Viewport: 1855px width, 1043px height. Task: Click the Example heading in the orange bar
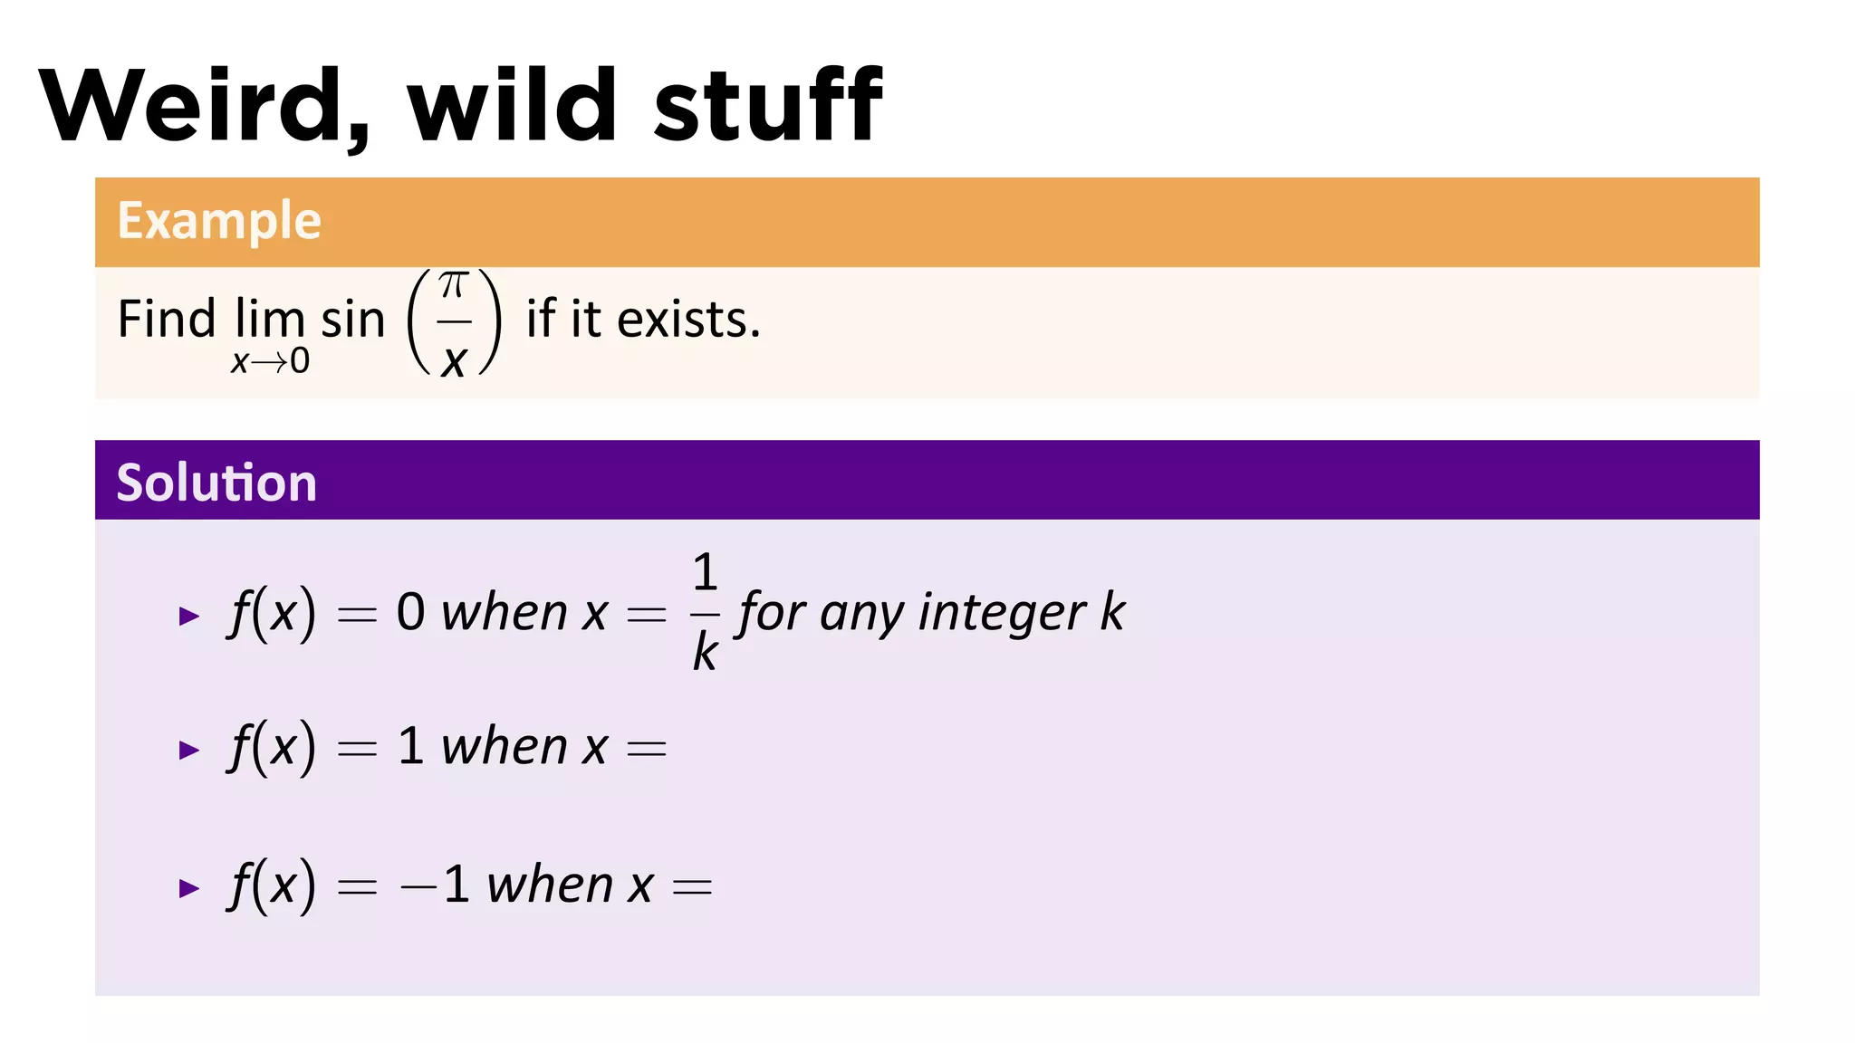click(219, 221)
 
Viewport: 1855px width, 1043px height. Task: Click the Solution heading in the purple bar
click(216, 482)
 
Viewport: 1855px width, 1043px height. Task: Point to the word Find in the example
click(167, 320)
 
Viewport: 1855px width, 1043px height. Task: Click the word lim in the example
click(269, 320)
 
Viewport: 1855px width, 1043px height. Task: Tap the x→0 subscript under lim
click(270, 362)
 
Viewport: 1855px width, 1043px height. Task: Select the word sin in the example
click(353, 320)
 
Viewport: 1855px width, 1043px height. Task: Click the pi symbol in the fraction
click(453, 285)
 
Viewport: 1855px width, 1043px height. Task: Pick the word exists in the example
click(687, 320)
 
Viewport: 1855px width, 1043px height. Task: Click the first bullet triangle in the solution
click(188, 617)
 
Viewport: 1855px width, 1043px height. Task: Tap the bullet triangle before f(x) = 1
click(188, 750)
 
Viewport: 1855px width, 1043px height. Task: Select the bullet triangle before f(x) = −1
click(188, 888)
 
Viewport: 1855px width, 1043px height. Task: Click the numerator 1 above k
click(705, 572)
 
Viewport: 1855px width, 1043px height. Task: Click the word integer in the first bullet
click(1002, 613)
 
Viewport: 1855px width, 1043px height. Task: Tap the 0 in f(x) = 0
click(410, 612)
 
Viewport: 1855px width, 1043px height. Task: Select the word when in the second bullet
click(505, 747)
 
